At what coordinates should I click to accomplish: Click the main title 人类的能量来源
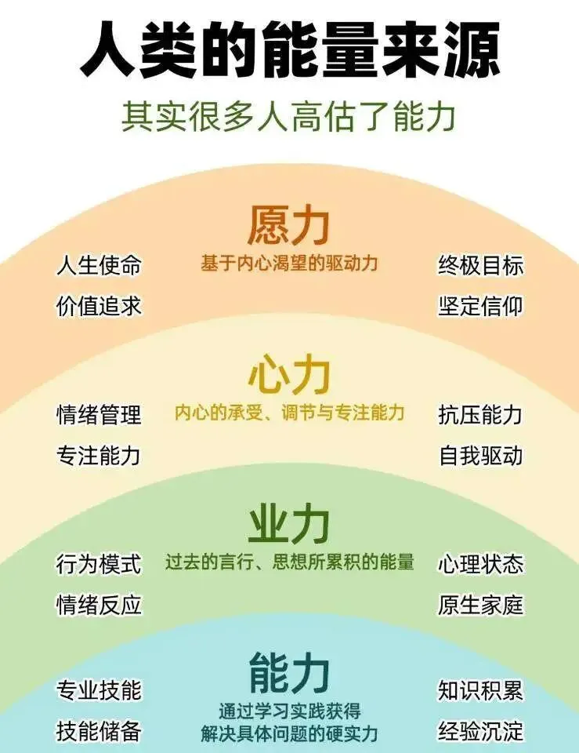(289, 49)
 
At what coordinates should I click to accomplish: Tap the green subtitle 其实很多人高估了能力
(289, 116)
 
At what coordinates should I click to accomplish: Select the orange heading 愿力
(289, 224)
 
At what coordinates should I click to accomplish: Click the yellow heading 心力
(289, 375)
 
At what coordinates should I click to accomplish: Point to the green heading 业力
(289, 524)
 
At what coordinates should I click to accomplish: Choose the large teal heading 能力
(289, 672)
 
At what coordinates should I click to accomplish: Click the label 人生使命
(99, 265)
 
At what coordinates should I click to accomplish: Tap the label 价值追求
(99, 305)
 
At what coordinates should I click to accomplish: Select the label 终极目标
(479, 265)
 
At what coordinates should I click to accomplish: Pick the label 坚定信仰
(479, 305)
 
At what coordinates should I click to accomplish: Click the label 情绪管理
(99, 414)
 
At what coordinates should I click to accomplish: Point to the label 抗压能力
(479, 414)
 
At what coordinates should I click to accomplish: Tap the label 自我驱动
(479, 455)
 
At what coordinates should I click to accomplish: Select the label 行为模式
(99, 563)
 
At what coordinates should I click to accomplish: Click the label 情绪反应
(99, 604)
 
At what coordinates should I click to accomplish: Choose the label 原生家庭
(479, 604)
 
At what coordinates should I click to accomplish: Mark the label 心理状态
(479, 563)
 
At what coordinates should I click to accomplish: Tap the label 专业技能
(99, 690)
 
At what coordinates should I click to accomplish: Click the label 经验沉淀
(479, 731)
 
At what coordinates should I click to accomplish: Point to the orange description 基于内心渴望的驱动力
(289, 264)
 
